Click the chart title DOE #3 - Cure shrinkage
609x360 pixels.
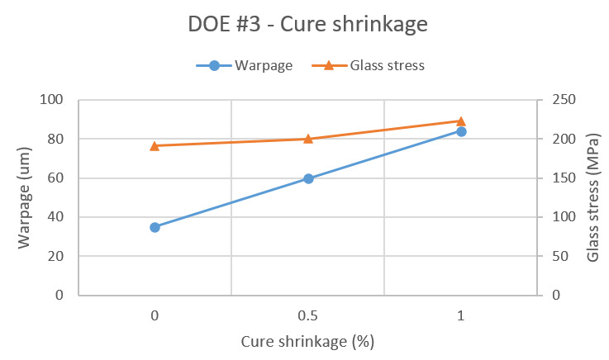307,25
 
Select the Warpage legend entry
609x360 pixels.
245,66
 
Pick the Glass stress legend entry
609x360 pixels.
369,66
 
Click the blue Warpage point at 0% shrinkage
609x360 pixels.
155,227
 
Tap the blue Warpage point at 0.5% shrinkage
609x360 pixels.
308,178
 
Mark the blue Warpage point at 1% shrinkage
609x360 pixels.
461,131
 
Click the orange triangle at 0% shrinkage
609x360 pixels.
155,146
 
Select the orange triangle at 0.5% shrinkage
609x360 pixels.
308,139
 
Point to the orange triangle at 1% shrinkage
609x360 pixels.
461,121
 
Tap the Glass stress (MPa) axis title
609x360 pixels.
592,197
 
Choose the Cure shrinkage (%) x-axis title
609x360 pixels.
307,341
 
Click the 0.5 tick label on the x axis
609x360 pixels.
308,315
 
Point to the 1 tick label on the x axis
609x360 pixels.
461,315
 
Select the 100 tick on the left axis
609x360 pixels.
54,101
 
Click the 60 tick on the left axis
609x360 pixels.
57,178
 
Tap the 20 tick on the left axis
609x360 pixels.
57,257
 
